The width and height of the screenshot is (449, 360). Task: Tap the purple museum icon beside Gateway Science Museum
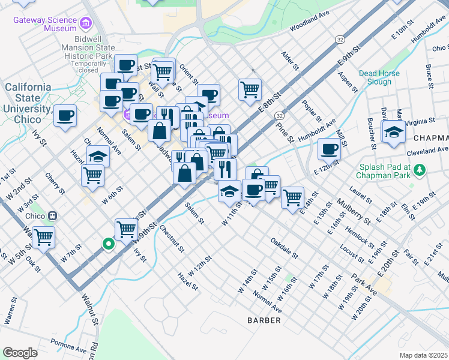[x=86, y=23]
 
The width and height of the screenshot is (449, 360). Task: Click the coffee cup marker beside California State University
[x=65, y=115]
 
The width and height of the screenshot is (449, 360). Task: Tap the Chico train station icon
[x=53, y=215]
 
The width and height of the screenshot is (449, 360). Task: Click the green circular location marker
[x=108, y=244]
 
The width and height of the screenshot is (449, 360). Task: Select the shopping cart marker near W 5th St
[x=43, y=237]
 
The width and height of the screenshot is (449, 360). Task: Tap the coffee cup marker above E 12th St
[x=328, y=148]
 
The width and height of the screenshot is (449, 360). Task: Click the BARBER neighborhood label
[x=264, y=320]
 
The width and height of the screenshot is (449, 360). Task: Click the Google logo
[x=20, y=353]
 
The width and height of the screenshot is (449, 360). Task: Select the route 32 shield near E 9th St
[x=340, y=40]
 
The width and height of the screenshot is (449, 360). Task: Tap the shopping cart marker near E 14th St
[x=292, y=196]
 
